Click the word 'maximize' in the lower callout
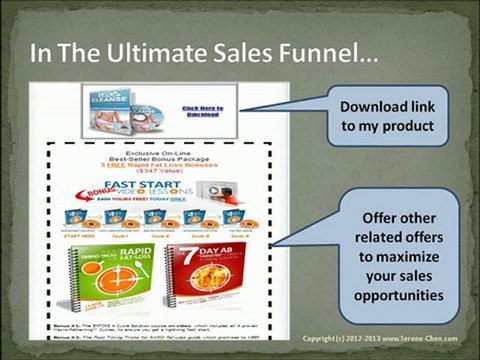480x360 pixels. click(401, 254)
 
